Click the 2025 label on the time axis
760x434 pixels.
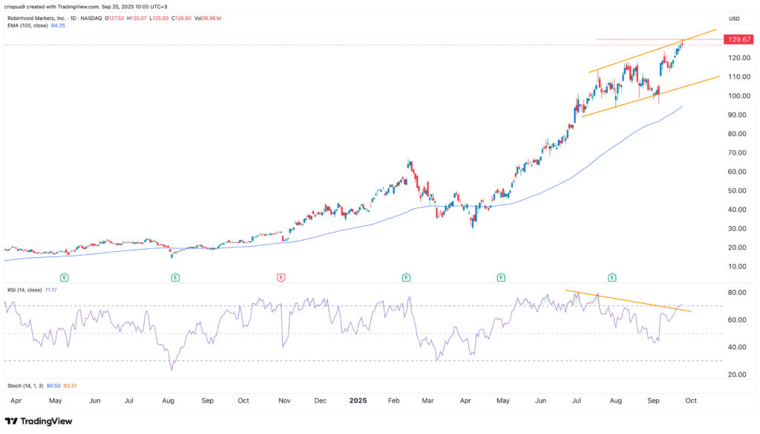click(359, 401)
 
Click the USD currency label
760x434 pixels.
click(734, 19)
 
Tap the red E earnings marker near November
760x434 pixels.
click(281, 277)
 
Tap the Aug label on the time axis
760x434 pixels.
click(168, 401)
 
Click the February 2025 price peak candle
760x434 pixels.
click(409, 161)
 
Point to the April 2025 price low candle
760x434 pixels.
click(473, 224)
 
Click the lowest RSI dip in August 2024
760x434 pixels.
click(172, 369)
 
